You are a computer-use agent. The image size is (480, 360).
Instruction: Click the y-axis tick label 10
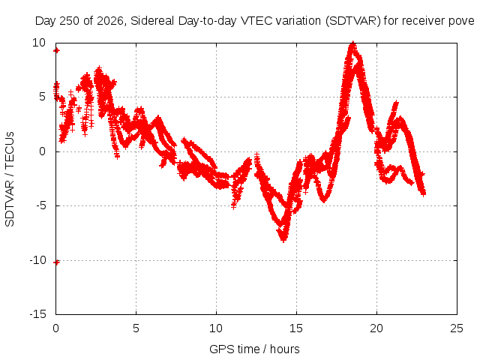(39, 43)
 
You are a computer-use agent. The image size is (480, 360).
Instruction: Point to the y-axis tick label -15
(38, 314)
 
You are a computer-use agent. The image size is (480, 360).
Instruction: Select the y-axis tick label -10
(38, 260)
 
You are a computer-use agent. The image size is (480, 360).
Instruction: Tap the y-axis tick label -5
(41, 205)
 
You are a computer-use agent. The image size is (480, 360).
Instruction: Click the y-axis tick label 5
(42, 97)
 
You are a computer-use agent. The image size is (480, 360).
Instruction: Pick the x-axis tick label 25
(457, 328)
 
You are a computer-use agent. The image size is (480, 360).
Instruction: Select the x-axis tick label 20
(376, 328)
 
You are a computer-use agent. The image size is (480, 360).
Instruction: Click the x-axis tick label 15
(296, 328)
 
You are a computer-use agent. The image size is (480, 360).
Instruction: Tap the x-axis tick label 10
(216, 328)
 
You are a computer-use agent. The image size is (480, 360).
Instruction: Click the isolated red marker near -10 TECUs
(56, 262)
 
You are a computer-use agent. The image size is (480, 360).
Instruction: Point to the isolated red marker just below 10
(56, 50)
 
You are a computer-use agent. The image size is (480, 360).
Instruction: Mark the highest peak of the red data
(353, 43)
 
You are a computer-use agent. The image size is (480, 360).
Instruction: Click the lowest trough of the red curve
(283, 240)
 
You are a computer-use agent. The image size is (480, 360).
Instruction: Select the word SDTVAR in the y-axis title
(10, 204)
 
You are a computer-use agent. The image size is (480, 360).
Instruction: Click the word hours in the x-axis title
(285, 349)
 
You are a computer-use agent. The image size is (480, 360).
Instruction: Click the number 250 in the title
(70, 21)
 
